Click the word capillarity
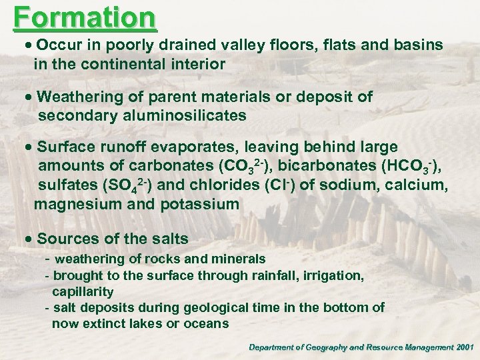[x=83, y=291]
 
